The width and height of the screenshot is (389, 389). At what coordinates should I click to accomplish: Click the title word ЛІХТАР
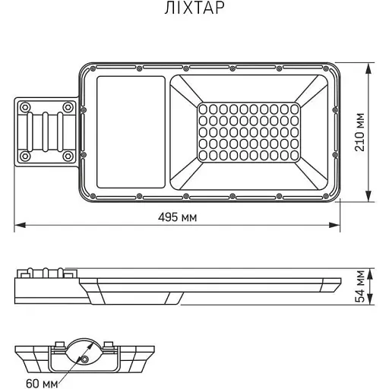click(x=194, y=9)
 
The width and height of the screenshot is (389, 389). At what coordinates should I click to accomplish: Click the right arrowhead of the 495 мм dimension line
click(x=337, y=226)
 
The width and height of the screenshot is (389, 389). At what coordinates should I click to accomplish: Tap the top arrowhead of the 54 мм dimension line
click(x=370, y=270)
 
